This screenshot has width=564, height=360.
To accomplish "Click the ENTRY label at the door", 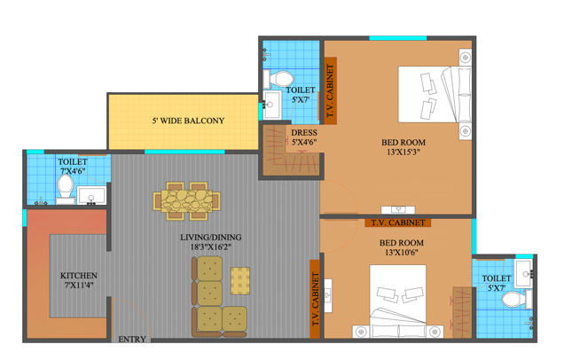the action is [x=132, y=339].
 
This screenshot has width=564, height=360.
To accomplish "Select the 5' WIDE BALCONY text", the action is [x=188, y=121].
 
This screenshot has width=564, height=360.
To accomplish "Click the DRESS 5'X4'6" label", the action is [x=304, y=137].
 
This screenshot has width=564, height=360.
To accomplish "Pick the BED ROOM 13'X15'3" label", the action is [x=403, y=147].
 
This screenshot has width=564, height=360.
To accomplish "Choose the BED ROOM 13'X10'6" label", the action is [x=402, y=247].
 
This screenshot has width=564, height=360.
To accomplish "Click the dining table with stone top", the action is [x=186, y=200].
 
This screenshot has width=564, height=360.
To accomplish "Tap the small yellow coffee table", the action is [x=240, y=280].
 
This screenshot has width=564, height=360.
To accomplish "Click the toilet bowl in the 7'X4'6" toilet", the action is [x=66, y=188].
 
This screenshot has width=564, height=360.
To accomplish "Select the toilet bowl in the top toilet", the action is [x=279, y=79].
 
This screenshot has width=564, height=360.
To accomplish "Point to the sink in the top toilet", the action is [x=272, y=105].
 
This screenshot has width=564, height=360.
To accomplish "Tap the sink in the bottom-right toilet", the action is [x=524, y=273].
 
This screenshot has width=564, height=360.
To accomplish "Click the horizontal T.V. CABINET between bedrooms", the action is [x=398, y=223].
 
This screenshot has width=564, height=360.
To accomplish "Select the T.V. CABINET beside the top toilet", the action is [x=330, y=90].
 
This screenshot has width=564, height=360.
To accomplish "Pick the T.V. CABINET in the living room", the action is [x=315, y=299].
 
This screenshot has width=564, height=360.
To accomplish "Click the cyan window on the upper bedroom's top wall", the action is [x=398, y=38].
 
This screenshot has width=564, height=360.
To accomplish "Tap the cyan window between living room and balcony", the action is [x=184, y=152].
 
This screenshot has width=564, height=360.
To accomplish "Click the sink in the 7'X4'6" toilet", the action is [x=91, y=196].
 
